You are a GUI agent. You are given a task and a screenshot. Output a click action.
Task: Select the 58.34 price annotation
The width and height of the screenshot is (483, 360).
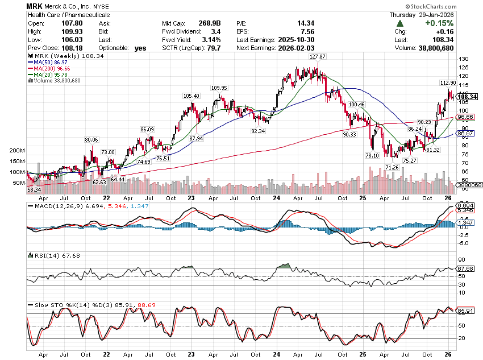tap(34, 189)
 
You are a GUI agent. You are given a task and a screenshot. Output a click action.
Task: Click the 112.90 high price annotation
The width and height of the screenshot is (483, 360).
tap(448, 82)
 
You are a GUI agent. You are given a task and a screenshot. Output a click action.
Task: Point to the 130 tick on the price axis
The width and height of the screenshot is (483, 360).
tap(464, 59)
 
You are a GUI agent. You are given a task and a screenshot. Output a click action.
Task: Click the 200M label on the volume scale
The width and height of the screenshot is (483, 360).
tap(16, 151)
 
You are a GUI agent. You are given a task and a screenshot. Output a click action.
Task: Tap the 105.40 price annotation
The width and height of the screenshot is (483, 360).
tap(191, 96)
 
